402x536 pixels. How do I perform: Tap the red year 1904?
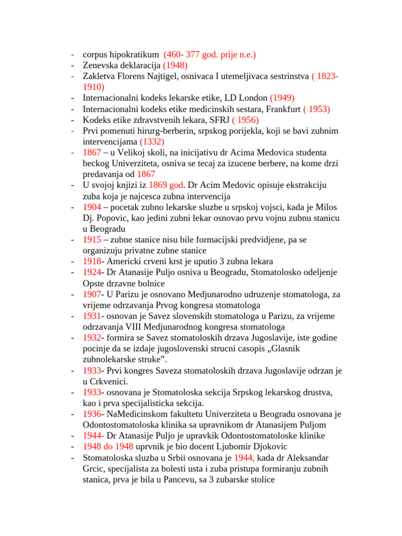click(x=92, y=207)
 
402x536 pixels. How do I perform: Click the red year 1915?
click(x=92, y=240)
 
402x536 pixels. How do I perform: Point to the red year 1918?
click(x=92, y=261)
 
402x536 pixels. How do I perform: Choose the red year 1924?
click(x=92, y=272)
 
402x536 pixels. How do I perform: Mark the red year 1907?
click(x=92, y=294)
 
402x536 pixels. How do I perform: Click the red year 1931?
click(x=92, y=316)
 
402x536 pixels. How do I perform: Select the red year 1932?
click(x=92, y=338)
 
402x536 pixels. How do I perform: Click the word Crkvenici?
click(x=109, y=382)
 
